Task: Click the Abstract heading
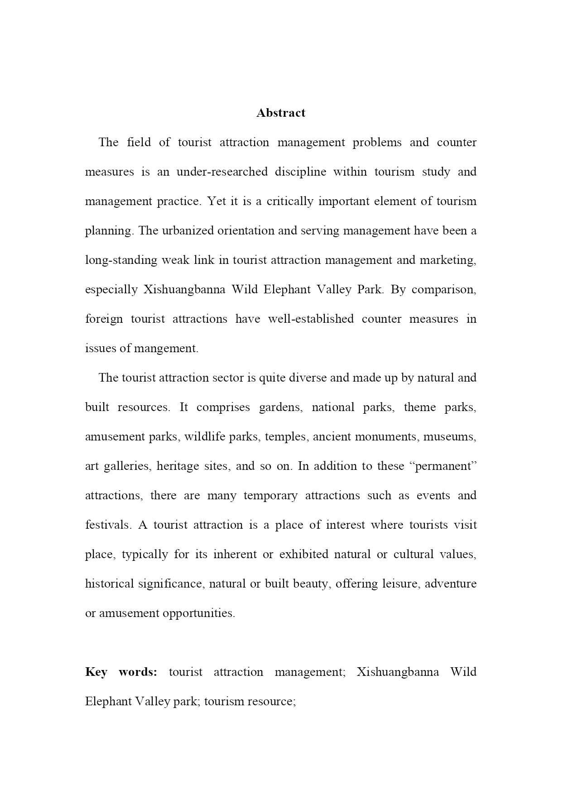tap(281, 113)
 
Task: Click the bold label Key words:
tap(121, 672)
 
